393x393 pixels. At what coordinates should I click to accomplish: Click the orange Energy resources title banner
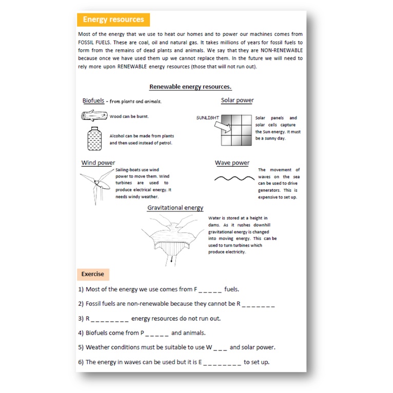point(113,19)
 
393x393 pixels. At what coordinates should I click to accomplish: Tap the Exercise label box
point(92,274)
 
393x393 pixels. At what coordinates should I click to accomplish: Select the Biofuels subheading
point(93,101)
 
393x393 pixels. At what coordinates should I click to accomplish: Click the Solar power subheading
point(237,100)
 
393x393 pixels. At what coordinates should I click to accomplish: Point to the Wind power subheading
point(98,163)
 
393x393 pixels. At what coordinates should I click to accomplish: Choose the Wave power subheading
point(232,163)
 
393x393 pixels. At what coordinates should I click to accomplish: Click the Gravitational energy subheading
point(175,208)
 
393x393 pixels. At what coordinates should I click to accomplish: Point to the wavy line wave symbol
point(234,179)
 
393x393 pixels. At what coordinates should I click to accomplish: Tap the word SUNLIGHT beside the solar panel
point(207,118)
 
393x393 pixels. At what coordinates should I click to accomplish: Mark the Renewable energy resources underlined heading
point(190,87)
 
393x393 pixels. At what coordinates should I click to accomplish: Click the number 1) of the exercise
point(81,289)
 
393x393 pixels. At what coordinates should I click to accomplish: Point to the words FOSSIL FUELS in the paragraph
point(96,43)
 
